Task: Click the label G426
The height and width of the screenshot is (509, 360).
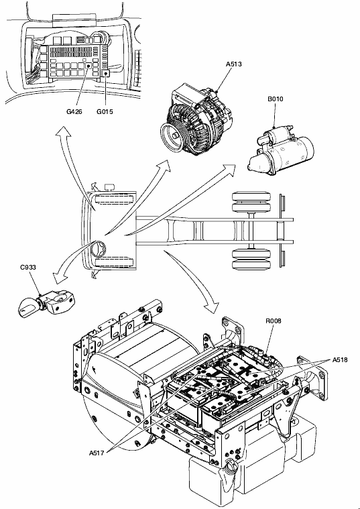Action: point(74,112)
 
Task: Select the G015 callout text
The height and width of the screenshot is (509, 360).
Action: point(105,112)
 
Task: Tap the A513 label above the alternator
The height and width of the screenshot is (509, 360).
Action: point(234,64)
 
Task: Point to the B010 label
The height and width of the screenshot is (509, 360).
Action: point(276,99)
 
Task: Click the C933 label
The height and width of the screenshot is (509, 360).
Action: point(28,268)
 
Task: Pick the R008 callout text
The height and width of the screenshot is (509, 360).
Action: point(274,321)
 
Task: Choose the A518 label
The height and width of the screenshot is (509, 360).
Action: point(340,359)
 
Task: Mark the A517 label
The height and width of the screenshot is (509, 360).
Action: point(97,453)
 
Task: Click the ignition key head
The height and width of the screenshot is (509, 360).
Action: point(27,306)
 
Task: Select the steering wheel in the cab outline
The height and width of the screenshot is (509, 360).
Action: point(99,249)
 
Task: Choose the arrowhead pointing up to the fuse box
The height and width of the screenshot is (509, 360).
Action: point(63,132)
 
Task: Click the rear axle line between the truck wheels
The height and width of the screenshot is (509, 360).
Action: point(251,231)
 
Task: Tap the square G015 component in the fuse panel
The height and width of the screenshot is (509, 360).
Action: point(107,74)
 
